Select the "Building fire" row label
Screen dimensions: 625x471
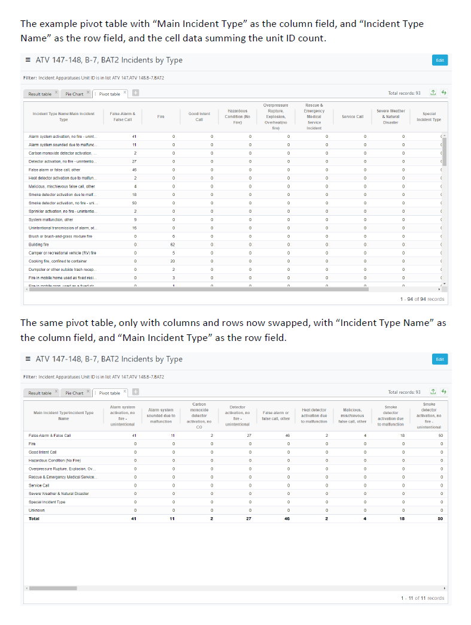coord(39,244)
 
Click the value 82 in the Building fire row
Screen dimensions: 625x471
coord(173,244)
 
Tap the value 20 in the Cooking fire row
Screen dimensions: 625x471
coord(173,261)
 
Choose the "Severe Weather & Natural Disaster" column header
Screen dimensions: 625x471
coord(390,116)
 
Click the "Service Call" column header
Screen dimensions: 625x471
coord(353,116)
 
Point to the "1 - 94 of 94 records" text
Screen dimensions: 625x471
coord(422,299)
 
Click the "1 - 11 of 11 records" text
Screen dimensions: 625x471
coord(422,598)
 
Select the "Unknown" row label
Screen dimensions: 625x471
coord(37,510)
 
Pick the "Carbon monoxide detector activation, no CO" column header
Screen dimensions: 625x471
coord(199,416)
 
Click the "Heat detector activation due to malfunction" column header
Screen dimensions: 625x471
coord(314,416)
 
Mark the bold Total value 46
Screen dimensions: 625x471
coord(287,518)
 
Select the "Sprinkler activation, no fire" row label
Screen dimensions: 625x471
coord(62,212)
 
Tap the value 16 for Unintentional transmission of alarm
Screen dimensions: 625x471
coord(135,228)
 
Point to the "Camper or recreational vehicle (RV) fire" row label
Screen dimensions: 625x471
coord(62,253)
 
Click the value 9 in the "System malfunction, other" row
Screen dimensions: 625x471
coord(135,219)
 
